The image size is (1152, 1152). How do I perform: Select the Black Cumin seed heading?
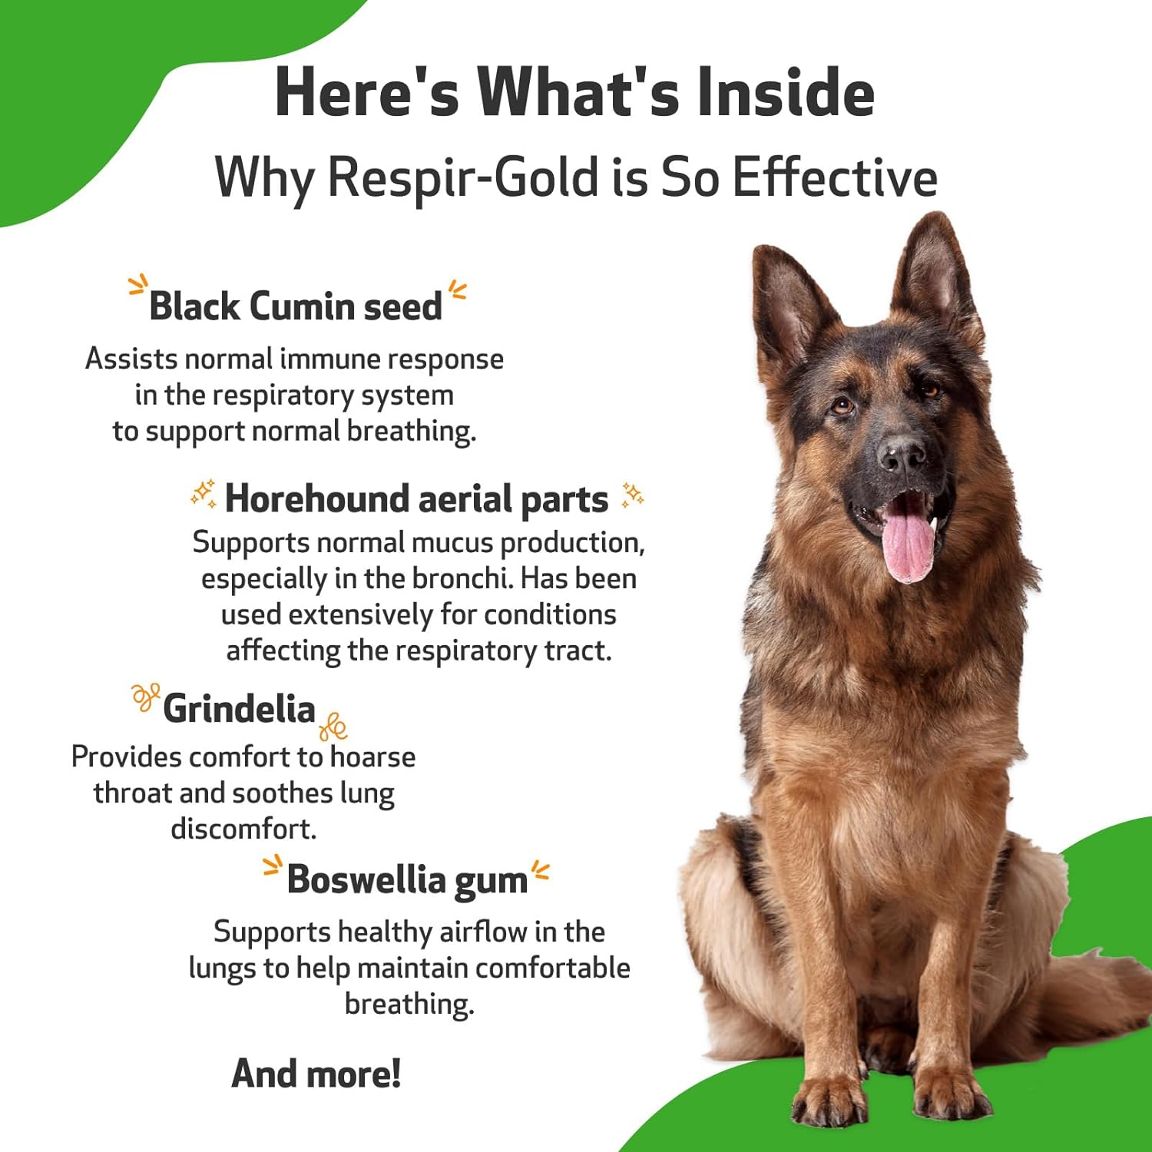click(x=296, y=306)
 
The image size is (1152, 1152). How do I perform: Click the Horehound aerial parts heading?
click(x=416, y=499)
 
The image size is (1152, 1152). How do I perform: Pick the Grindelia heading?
click(x=239, y=708)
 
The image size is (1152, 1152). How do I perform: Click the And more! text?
click(x=316, y=1073)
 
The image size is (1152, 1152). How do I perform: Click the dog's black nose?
click(x=902, y=455)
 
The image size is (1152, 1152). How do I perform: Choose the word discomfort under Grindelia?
click(x=243, y=829)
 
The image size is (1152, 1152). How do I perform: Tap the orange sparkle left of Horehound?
click(x=204, y=494)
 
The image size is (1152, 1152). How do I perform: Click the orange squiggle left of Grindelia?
click(x=144, y=696)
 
